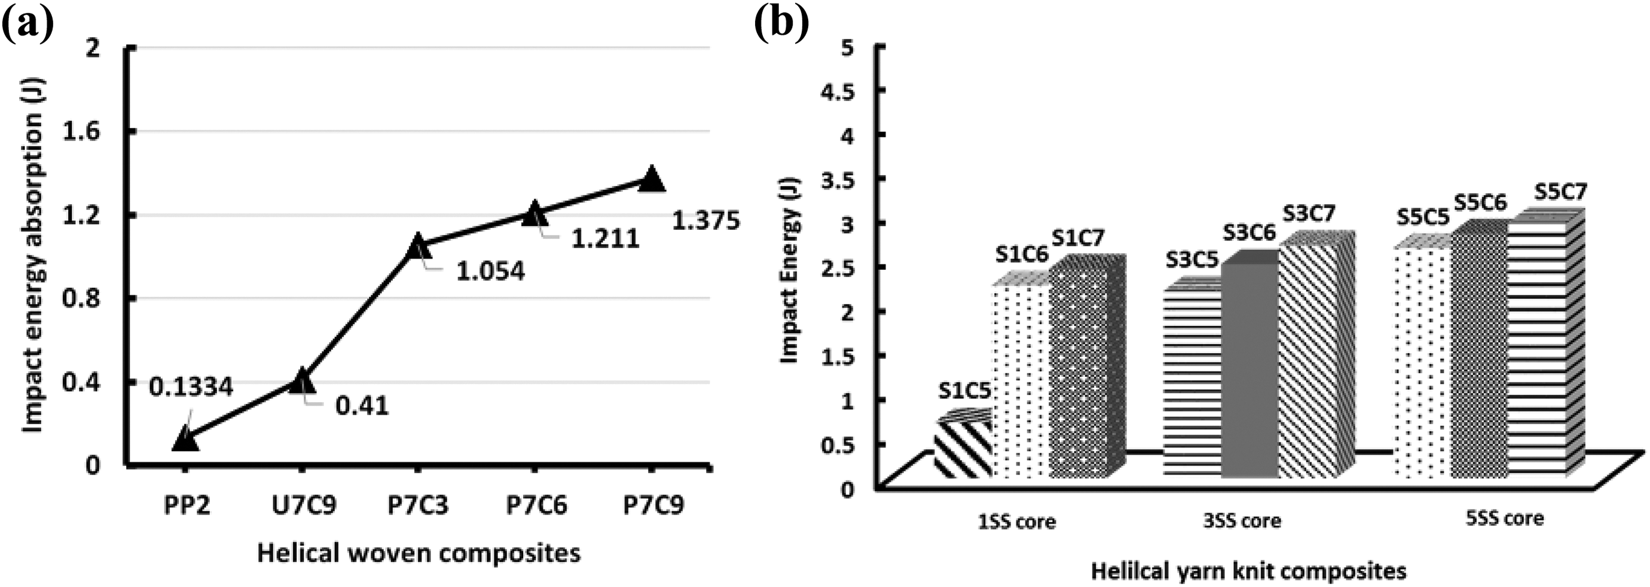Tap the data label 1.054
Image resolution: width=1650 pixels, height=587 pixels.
click(491, 271)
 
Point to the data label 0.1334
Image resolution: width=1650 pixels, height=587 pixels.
click(191, 387)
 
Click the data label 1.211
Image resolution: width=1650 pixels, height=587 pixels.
click(605, 239)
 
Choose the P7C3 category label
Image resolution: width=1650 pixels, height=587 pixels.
click(418, 506)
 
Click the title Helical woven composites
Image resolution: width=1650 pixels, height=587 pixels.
click(419, 553)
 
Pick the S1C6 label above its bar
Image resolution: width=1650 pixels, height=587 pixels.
click(1022, 255)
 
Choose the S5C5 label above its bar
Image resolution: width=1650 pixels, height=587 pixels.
click(1423, 217)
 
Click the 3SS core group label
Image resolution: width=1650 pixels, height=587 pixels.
click(1242, 521)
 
